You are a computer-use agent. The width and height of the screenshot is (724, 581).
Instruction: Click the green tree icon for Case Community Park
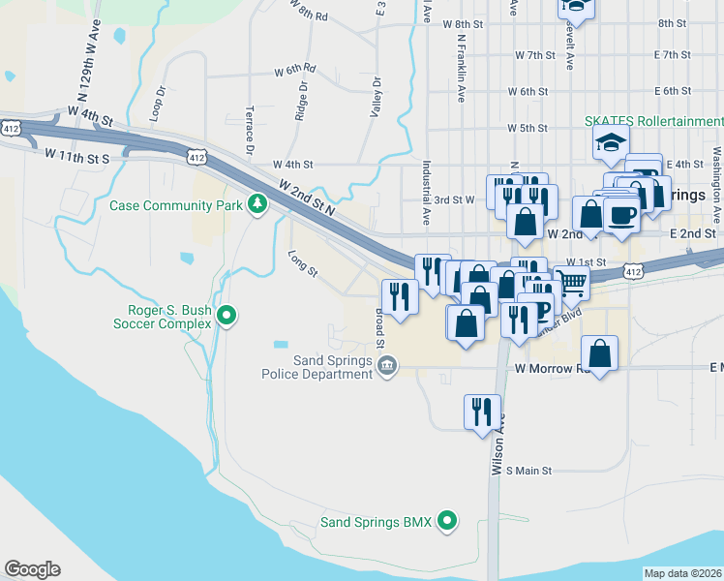(257, 203)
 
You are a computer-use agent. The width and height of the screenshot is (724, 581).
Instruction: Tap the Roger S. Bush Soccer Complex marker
(226, 316)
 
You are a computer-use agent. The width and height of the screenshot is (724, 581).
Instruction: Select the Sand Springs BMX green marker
(446, 521)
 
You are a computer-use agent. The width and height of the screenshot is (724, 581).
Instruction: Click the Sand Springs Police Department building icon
(386, 366)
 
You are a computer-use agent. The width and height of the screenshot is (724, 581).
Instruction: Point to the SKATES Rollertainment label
(652, 121)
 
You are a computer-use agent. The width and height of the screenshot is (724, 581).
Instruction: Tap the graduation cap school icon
(611, 146)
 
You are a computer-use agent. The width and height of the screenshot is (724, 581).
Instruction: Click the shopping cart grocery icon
(572, 284)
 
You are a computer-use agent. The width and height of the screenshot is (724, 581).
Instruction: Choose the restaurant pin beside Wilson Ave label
(481, 413)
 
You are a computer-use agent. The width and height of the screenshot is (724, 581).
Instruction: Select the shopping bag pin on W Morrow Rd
(600, 353)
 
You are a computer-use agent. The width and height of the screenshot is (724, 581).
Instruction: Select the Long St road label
(303, 262)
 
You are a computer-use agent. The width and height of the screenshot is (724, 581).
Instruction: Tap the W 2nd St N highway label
(306, 199)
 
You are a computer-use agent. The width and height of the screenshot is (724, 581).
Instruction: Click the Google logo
(32, 569)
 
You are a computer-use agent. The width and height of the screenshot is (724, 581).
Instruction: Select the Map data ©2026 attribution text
(682, 573)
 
